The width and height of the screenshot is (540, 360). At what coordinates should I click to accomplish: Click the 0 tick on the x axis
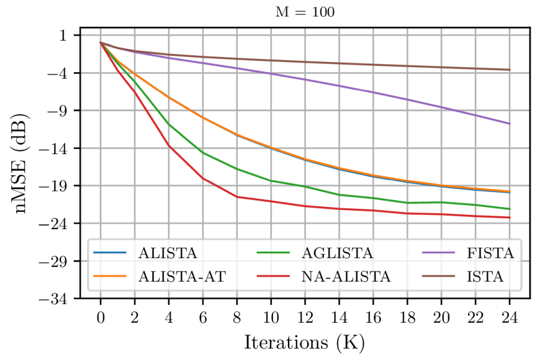click(101, 316)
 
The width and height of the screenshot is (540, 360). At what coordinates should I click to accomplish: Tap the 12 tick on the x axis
click(305, 316)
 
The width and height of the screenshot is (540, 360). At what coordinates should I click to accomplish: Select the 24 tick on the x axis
click(509, 316)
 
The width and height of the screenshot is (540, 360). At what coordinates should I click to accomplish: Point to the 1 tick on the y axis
click(65, 35)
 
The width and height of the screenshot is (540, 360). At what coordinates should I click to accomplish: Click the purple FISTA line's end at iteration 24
click(509, 124)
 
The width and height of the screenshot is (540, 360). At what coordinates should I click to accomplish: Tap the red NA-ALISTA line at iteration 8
click(237, 197)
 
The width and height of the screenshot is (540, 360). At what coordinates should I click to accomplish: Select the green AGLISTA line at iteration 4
click(169, 125)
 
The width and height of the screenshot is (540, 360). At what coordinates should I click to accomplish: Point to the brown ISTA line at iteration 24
click(509, 70)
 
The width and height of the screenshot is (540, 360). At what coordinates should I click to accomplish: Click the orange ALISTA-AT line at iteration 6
click(203, 117)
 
